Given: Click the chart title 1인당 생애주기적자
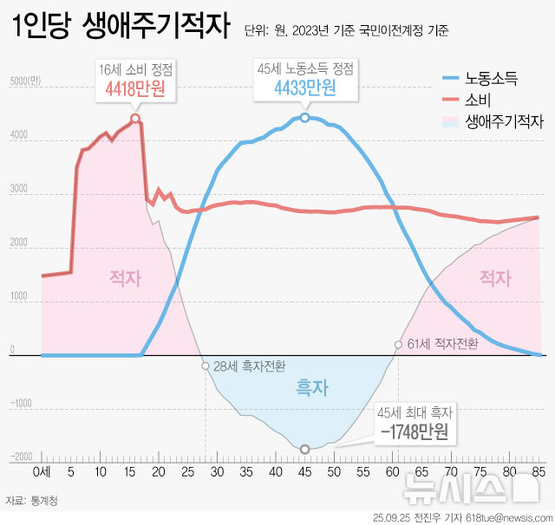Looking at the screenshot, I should pyautogui.click(x=121, y=29).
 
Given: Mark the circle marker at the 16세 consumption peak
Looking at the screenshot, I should pyautogui.click(x=135, y=119).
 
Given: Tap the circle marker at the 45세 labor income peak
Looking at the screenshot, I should pyautogui.click(x=304, y=117).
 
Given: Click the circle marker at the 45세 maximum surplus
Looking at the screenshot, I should pyautogui.click(x=304, y=449).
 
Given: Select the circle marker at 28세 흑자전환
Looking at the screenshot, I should pyautogui.click(x=206, y=366).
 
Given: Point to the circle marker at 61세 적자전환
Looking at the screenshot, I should pyautogui.click(x=398, y=345).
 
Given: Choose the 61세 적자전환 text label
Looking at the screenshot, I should pyautogui.click(x=441, y=345).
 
